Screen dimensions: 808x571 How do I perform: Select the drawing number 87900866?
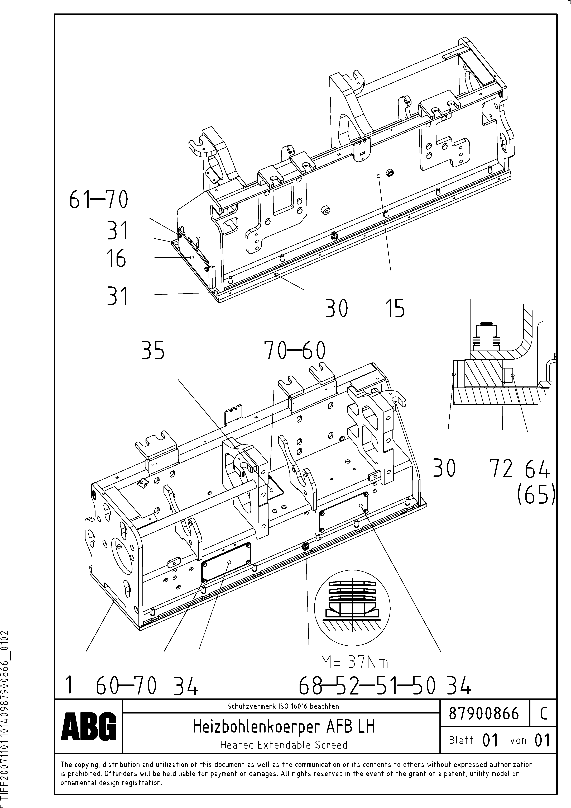484,713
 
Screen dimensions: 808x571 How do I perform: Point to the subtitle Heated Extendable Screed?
284,745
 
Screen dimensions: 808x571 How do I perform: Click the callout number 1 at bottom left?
69,686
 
